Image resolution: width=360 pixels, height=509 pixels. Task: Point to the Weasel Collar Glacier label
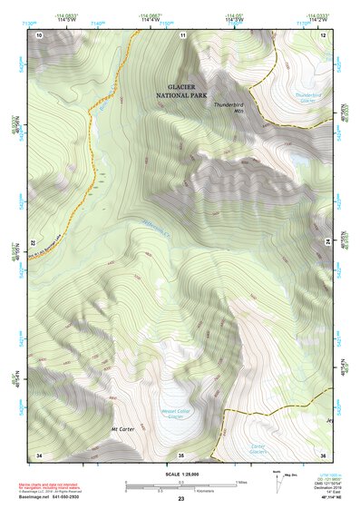coord(176,413)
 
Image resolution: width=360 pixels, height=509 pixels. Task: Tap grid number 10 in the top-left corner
coord(39,34)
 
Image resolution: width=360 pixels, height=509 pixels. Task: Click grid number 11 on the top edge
coord(182,34)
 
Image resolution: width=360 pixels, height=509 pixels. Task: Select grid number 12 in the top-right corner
coord(323,34)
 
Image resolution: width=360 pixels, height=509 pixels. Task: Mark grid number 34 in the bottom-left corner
coord(39,454)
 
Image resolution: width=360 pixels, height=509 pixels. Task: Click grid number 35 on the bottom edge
coord(180,454)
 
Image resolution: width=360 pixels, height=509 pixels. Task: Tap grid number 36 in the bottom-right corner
coord(323,454)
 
